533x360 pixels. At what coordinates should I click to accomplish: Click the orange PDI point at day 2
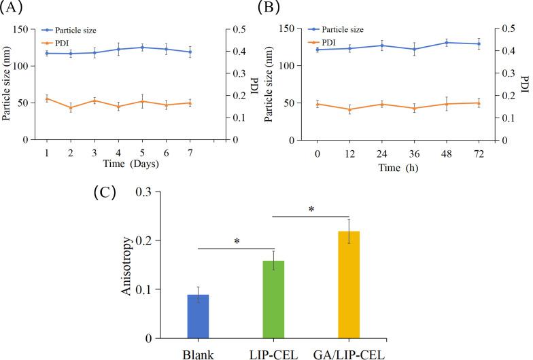(x=70, y=108)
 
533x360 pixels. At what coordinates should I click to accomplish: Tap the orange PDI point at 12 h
(x=349, y=109)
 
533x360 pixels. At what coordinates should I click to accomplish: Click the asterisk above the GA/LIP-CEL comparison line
(x=311, y=209)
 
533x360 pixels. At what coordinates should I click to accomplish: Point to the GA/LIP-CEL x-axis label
(x=349, y=354)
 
